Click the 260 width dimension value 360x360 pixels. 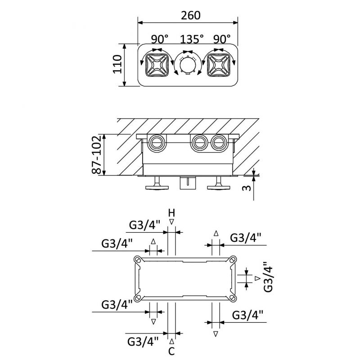click(x=190, y=15)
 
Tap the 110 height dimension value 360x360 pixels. click(x=117, y=64)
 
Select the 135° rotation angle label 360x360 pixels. click(x=192, y=39)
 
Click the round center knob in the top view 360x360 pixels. click(x=188, y=65)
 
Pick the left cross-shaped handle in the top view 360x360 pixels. click(x=157, y=65)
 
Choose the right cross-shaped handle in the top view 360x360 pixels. click(x=218, y=65)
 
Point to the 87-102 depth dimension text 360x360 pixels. click(x=96, y=154)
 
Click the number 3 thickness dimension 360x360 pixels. click(x=247, y=188)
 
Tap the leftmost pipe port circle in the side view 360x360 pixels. click(x=157, y=143)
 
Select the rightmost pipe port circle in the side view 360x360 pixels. click(x=219, y=143)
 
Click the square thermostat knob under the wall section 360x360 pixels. click(x=188, y=183)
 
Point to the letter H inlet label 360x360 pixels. click(x=171, y=213)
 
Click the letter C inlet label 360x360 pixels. click(x=171, y=351)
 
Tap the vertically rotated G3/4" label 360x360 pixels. click(x=268, y=277)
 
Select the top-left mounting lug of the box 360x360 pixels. click(x=138, y=260)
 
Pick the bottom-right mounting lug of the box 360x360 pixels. click(x=233, y=298)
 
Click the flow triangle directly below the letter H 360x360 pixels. click(x=171, y=222)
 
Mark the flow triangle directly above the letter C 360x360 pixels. click(x=171, y=342)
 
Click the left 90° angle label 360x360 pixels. click(x=160, y=39)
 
